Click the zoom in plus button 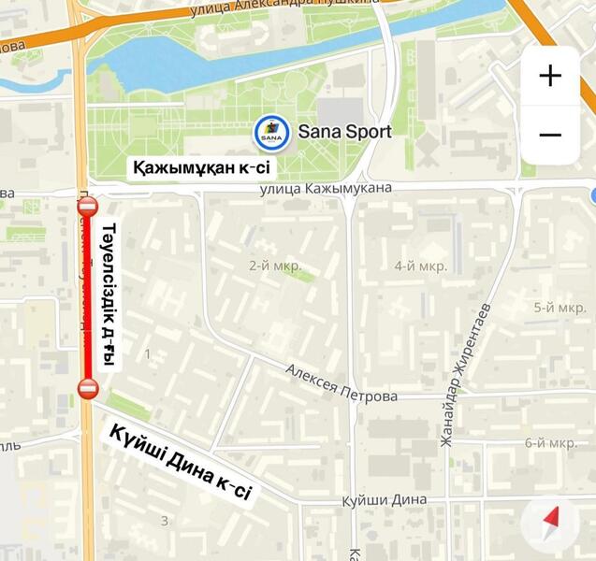click(550, 76)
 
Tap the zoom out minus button click(550, 135)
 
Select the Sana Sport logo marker click(271, 132)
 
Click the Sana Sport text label click(344, 132)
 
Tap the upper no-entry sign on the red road click(88, 207)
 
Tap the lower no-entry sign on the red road click(88, 388)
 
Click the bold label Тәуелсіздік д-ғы click(109, 295)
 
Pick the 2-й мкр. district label click(275, 266)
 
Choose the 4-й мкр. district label click(420, 266)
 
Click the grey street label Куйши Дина click(385, 500)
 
